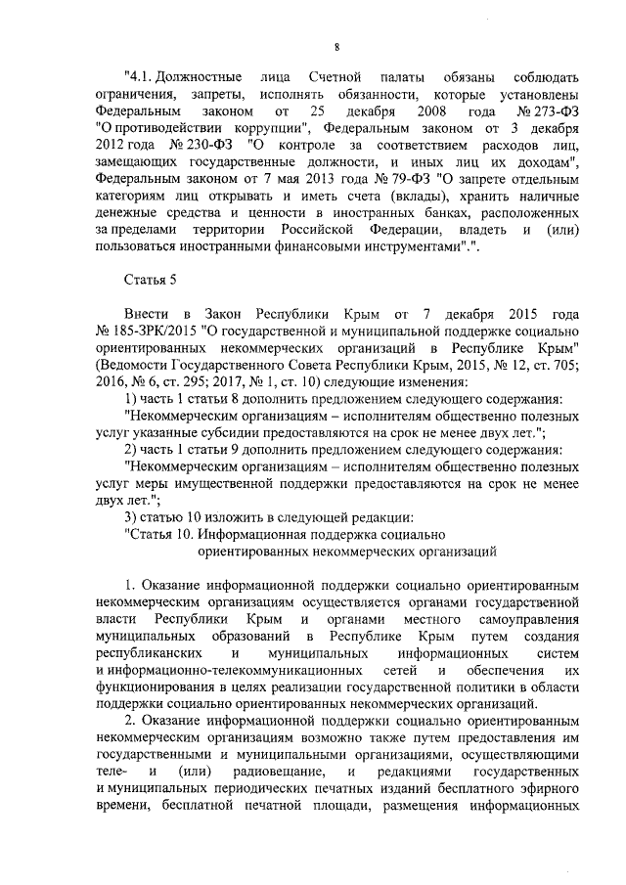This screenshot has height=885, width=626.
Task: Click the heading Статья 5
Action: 150,281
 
